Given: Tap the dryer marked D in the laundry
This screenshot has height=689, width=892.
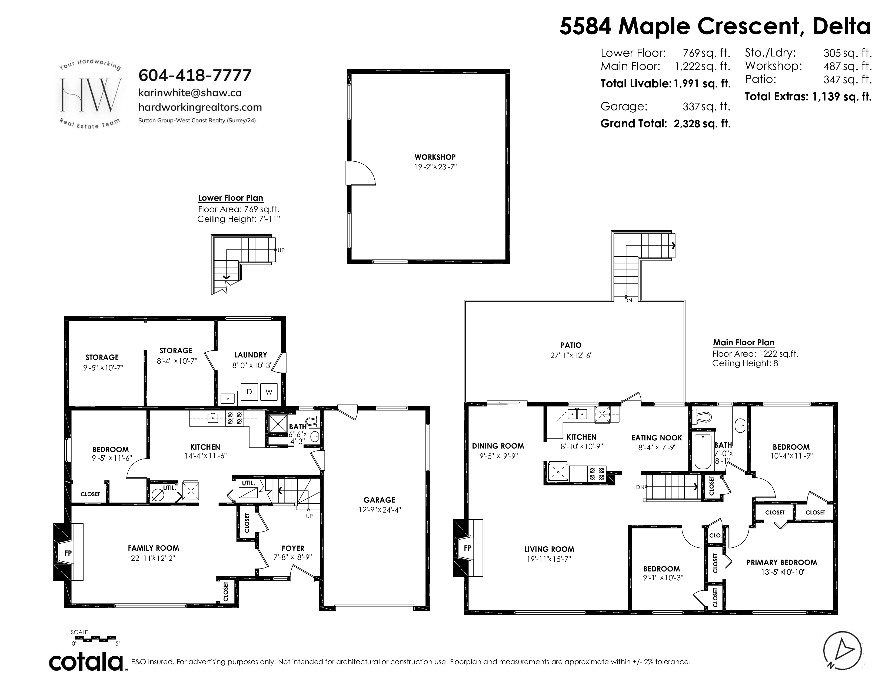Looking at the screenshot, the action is [249, 392].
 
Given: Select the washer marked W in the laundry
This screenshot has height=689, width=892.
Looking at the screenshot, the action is [269, 392].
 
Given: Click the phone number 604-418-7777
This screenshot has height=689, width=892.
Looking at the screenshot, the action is [195, 75].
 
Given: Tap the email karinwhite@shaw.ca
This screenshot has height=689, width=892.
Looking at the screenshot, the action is [190, 93].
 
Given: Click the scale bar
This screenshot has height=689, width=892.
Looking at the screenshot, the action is [96, 638].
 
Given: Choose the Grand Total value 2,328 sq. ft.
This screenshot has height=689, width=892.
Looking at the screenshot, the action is [702, 124].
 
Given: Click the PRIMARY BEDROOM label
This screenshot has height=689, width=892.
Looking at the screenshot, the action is [781, 563].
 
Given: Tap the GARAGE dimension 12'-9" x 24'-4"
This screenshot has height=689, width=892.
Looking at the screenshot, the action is [380, 510].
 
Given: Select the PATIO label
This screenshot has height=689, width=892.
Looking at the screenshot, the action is [571, 345].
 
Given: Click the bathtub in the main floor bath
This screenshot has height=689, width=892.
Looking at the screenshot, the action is [703, 451].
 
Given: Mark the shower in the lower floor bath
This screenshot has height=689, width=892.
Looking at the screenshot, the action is [278, 424].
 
